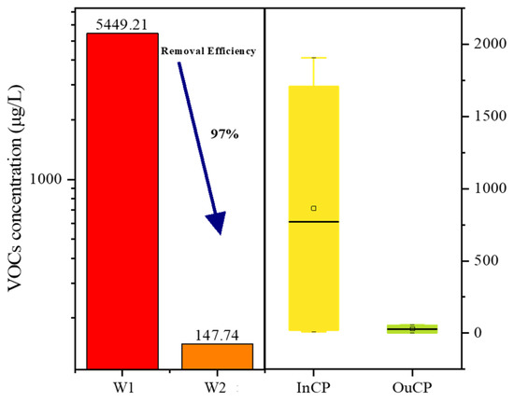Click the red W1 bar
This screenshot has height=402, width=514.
click(122, 201)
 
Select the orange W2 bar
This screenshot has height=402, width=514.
click(217, 355)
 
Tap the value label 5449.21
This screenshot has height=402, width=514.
click(122, 23)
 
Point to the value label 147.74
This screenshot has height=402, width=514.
click(217, 335)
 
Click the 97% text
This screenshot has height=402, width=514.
click(223, 134)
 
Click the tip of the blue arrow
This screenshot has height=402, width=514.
click(219, 231)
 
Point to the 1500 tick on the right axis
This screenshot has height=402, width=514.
click(478, 116)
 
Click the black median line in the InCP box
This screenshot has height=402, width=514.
click(314, 221)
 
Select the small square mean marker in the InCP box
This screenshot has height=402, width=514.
click(314, 208)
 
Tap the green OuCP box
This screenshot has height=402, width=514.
click(412, 328)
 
